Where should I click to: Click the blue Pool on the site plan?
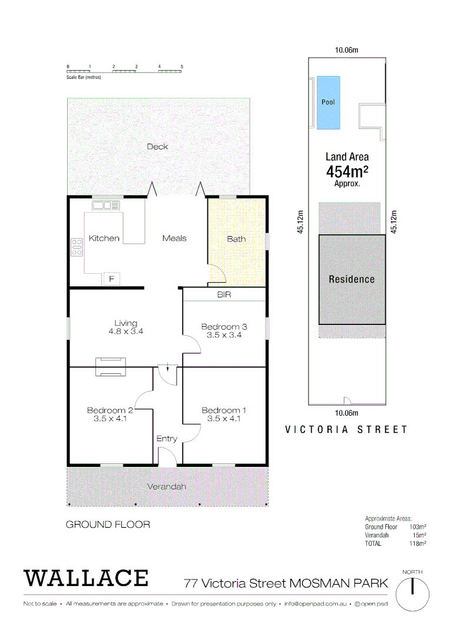tap(328, 102)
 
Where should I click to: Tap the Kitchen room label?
tap(104, 238)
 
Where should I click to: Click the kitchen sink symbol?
tap(105, 206)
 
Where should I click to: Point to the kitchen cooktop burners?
tap(77, 247)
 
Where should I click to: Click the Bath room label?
tap(236, 238)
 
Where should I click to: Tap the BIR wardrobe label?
tap(224, 294)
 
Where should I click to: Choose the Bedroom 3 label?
tap(224, 327)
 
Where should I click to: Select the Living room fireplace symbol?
tap(111, 366)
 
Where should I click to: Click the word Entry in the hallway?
tap(167, 439)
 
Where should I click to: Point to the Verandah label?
tap(167, 486)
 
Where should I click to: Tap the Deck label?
tap(157, 147)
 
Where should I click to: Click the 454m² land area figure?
tap(347, 171)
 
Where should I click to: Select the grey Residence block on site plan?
tap(352, 279)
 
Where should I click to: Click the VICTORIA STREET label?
tap(346, 430)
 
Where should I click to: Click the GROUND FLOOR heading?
tap(108, 524)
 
